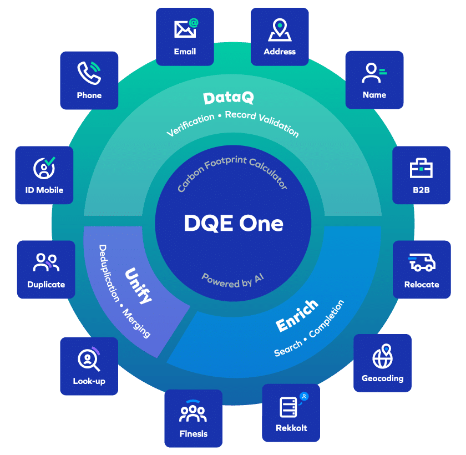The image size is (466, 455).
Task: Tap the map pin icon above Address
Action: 280,30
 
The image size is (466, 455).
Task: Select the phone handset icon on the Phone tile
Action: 88,73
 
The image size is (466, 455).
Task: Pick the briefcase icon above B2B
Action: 421,168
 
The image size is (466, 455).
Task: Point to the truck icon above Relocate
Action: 421,262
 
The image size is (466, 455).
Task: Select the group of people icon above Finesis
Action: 193,411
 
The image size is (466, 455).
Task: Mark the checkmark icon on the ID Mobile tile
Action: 50,161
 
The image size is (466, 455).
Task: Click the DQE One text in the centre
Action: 233,224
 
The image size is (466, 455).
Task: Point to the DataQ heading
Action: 229,98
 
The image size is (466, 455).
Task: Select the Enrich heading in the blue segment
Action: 297,316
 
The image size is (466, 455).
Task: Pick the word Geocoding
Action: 382,378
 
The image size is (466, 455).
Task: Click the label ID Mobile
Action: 44,190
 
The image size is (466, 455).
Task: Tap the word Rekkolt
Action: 291,428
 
